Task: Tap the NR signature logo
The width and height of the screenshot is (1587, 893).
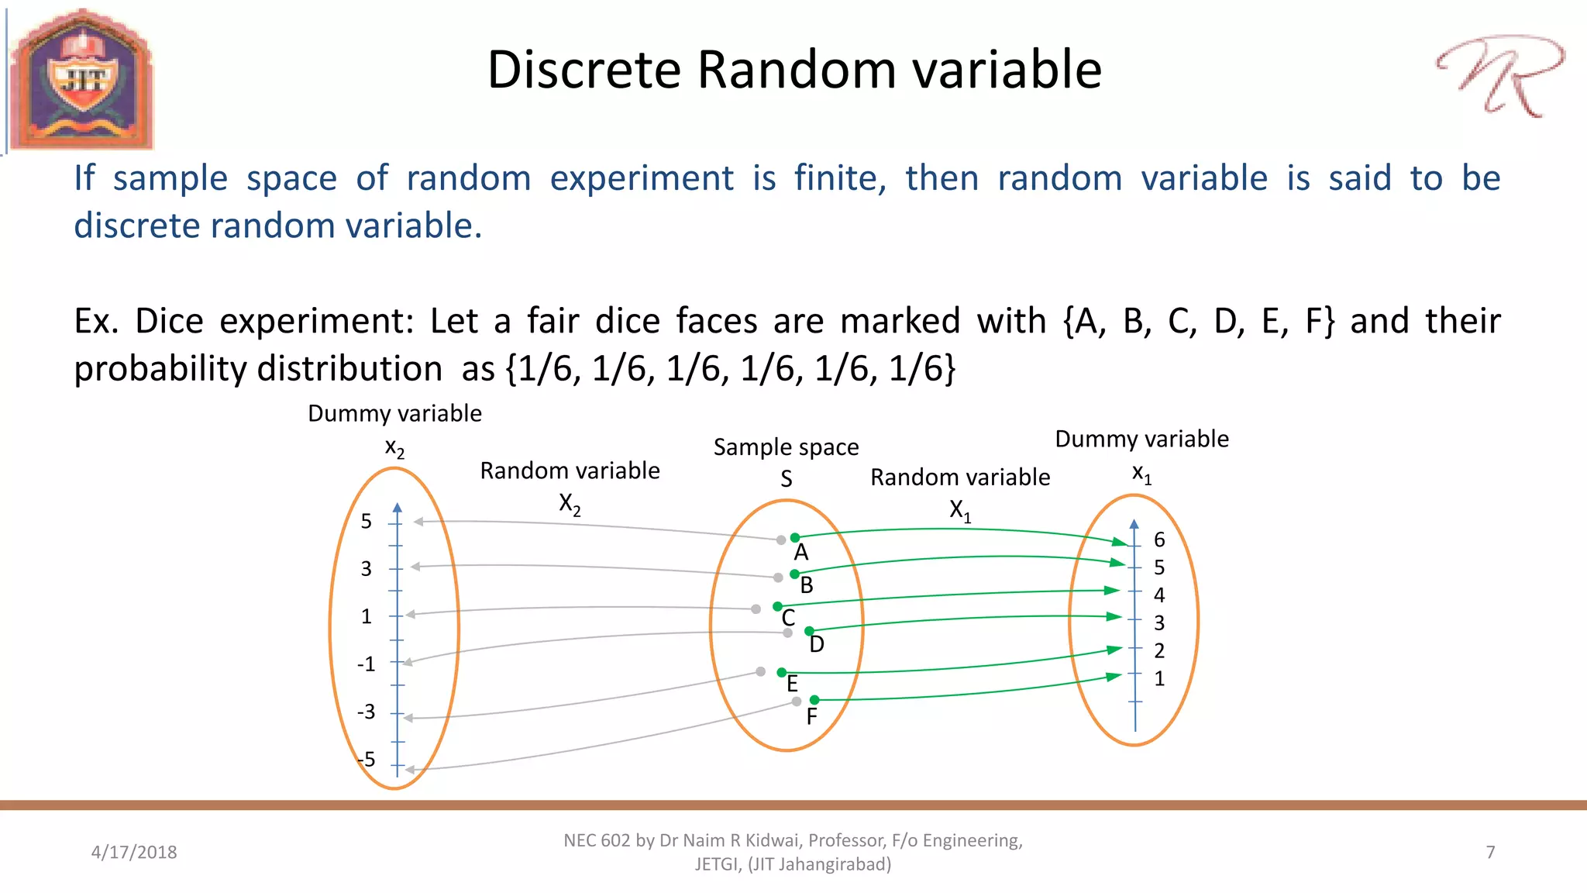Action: pos(1499,75)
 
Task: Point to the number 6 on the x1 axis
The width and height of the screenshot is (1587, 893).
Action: pos(1159,540)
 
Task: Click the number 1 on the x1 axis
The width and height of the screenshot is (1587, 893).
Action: pos(1159,679)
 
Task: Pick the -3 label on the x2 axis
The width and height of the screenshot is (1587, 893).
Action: pos(366,712)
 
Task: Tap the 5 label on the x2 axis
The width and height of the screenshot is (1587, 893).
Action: pos(367,522)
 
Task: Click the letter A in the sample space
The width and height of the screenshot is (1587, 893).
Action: pos(801,553)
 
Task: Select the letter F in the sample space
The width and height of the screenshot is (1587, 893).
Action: pos(811,717)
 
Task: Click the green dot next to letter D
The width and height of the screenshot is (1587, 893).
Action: pos(809,631)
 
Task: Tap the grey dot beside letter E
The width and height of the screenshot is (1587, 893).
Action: pos(761,671)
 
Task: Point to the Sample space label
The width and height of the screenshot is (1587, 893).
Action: pos(786,447)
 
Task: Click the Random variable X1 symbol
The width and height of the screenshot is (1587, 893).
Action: pos(960,511)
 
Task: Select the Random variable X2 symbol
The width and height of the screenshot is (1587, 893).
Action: pos(570,505)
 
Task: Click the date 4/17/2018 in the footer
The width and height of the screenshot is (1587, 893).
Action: pos(134,852)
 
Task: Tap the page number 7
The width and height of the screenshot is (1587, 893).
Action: pos(1490,852)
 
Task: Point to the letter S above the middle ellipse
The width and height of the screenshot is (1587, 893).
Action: pos(787,480)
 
